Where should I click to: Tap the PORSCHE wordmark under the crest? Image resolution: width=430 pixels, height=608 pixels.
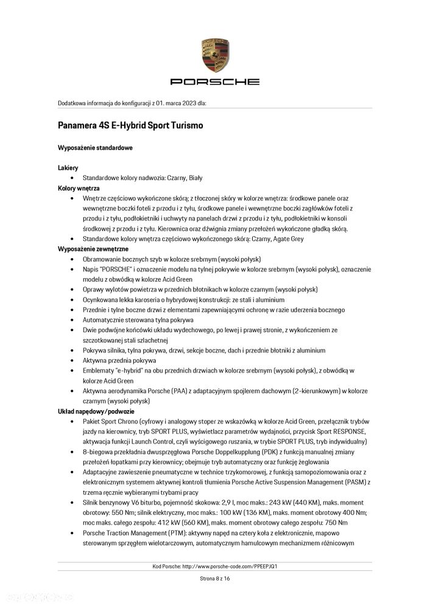[215, 82]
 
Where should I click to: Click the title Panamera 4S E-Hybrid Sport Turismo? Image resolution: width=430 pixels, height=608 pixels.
[130, 125]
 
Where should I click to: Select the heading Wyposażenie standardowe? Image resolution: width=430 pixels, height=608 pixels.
[95, 148]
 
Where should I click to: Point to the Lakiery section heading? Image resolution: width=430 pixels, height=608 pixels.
[68, 167]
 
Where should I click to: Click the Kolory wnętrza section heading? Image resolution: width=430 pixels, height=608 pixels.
[79, 188]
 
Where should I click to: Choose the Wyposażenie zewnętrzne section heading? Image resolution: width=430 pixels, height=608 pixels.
[93, 250]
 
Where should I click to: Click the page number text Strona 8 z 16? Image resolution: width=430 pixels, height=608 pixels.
[215, 578]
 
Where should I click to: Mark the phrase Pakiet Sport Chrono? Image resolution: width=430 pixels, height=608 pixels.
[110, 422]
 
